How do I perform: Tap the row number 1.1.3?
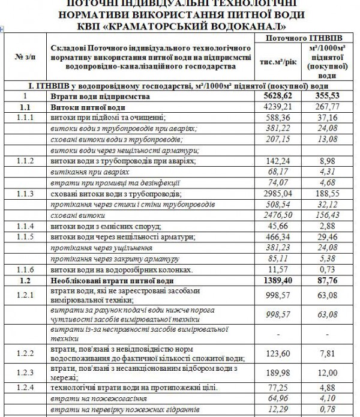(x=25, y=194)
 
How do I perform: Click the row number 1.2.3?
(x=25, y=371)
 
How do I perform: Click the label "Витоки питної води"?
(x=82, y=106)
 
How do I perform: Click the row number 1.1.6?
(x=25, y=271)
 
